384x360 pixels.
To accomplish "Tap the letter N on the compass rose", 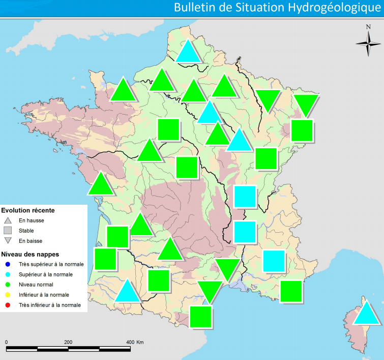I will pos(368,28).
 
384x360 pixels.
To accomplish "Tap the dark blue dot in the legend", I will pos(7,264).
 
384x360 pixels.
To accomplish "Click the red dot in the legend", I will pos(7,305).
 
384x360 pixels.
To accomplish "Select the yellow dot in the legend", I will pos(7,295).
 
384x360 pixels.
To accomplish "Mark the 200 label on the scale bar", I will pos(68,342).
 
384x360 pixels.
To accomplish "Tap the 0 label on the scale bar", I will pos(6,342).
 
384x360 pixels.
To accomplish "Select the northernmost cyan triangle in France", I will pos(188,52).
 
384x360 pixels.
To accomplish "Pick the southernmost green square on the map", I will pos(200,316).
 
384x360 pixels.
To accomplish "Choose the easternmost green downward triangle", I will pos(307,104).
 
